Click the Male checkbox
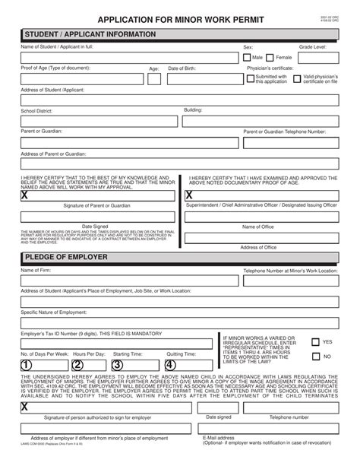(247, 57)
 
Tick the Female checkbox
(271, 57)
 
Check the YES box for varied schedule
(317, 342)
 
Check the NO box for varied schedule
(317, 356)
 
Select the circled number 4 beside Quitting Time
(170, 366)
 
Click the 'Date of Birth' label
(182, 68)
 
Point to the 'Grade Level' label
(311, 47)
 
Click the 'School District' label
(37, 110)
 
